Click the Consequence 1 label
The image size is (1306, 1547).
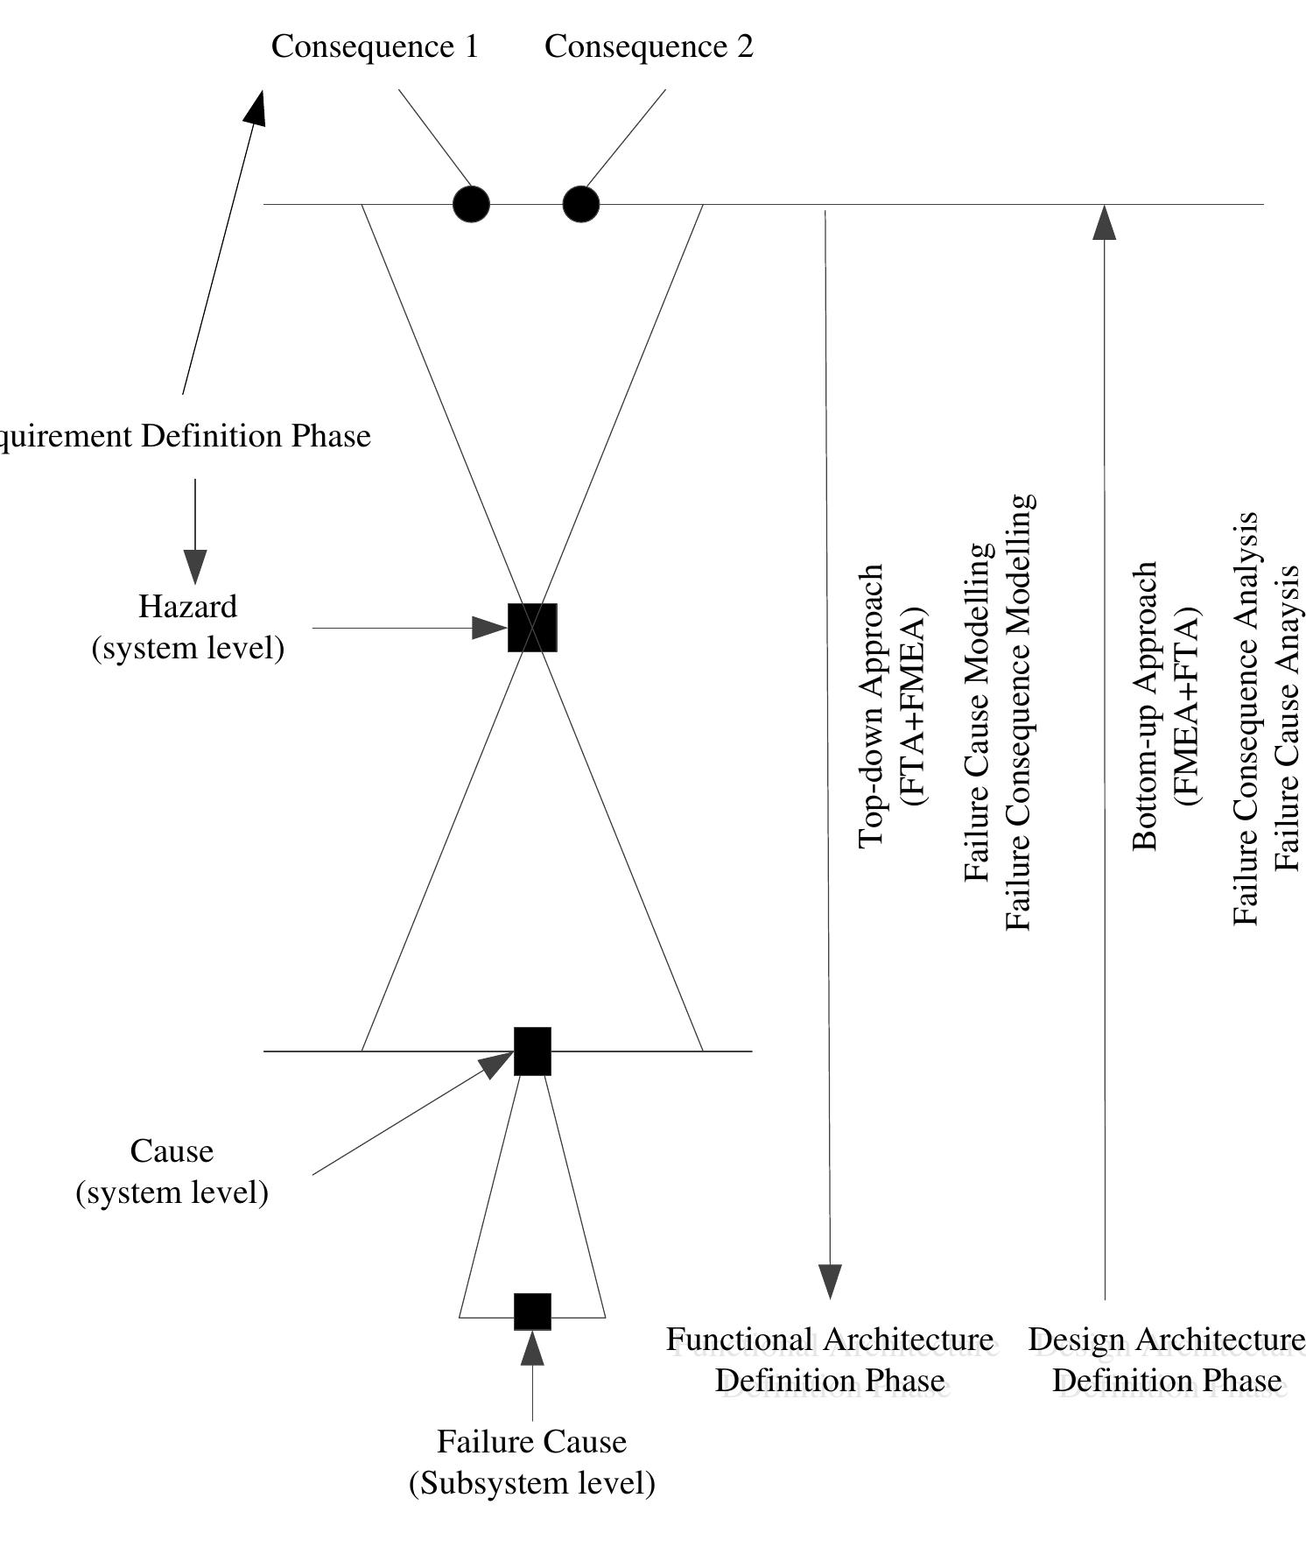click(375, 46)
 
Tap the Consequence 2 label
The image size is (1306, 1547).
click(649, 46)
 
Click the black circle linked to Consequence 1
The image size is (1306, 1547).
click(471, 204)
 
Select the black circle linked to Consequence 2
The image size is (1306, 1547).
click(580, 204)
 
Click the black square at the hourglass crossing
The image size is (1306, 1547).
click(532, 627)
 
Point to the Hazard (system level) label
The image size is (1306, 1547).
click(188, 627)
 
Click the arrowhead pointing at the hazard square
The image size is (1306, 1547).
click(489, 627)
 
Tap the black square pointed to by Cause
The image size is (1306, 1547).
click(532, 1051)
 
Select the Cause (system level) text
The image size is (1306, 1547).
click(172, 1171)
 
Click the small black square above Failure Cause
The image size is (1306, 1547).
click(532, 1311)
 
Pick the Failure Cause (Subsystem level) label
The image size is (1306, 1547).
click(532, 1462)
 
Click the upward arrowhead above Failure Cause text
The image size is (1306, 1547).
click(532, 1348)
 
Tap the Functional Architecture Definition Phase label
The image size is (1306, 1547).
click(830, 1360)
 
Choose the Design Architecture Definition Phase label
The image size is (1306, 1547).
click(1166, 1360)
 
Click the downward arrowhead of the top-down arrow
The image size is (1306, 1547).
click(829, 1280)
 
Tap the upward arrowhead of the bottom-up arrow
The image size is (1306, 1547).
click(1105, 222)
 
